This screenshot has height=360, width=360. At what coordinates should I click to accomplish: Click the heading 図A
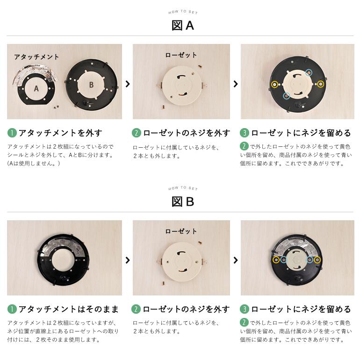[x=183, y=25]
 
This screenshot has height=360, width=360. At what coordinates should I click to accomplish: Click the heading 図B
[x=183, y=202]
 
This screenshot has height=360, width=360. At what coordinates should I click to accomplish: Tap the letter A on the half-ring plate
[x=36, y=88]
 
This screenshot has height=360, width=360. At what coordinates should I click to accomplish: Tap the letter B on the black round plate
[x=91, y=85]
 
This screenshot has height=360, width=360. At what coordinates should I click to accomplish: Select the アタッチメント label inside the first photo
[x=36, y=57]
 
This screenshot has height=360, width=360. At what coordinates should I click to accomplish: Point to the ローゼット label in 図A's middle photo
[x=181, y=55]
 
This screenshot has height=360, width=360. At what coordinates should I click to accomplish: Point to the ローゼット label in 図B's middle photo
[x=181, y=231]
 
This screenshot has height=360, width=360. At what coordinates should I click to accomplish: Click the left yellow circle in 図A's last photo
[x=275, y=85]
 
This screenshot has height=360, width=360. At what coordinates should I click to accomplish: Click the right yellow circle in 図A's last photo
[x=321, y=84]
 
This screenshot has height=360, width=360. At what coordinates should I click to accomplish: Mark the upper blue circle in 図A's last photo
[x=309, y=72]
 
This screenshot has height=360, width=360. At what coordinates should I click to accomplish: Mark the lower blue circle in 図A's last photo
[x=287, y=96]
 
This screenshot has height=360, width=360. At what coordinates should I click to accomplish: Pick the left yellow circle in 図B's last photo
[x=276, y=259]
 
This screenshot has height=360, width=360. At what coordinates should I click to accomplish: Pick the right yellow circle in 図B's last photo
[x=317, y=259]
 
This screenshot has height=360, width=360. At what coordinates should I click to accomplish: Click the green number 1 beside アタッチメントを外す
[x=12, y=133]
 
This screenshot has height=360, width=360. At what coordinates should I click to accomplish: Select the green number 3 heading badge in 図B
[x=245, y=309]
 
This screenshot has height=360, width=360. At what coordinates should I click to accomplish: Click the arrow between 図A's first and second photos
[x=127, y=84]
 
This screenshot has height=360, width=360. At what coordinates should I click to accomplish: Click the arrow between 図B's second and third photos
[x=235, y=260]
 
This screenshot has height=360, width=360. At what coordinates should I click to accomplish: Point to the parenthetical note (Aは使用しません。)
[x=33, y=164]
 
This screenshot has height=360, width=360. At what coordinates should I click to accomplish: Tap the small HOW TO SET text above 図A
[x=183, y=12]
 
